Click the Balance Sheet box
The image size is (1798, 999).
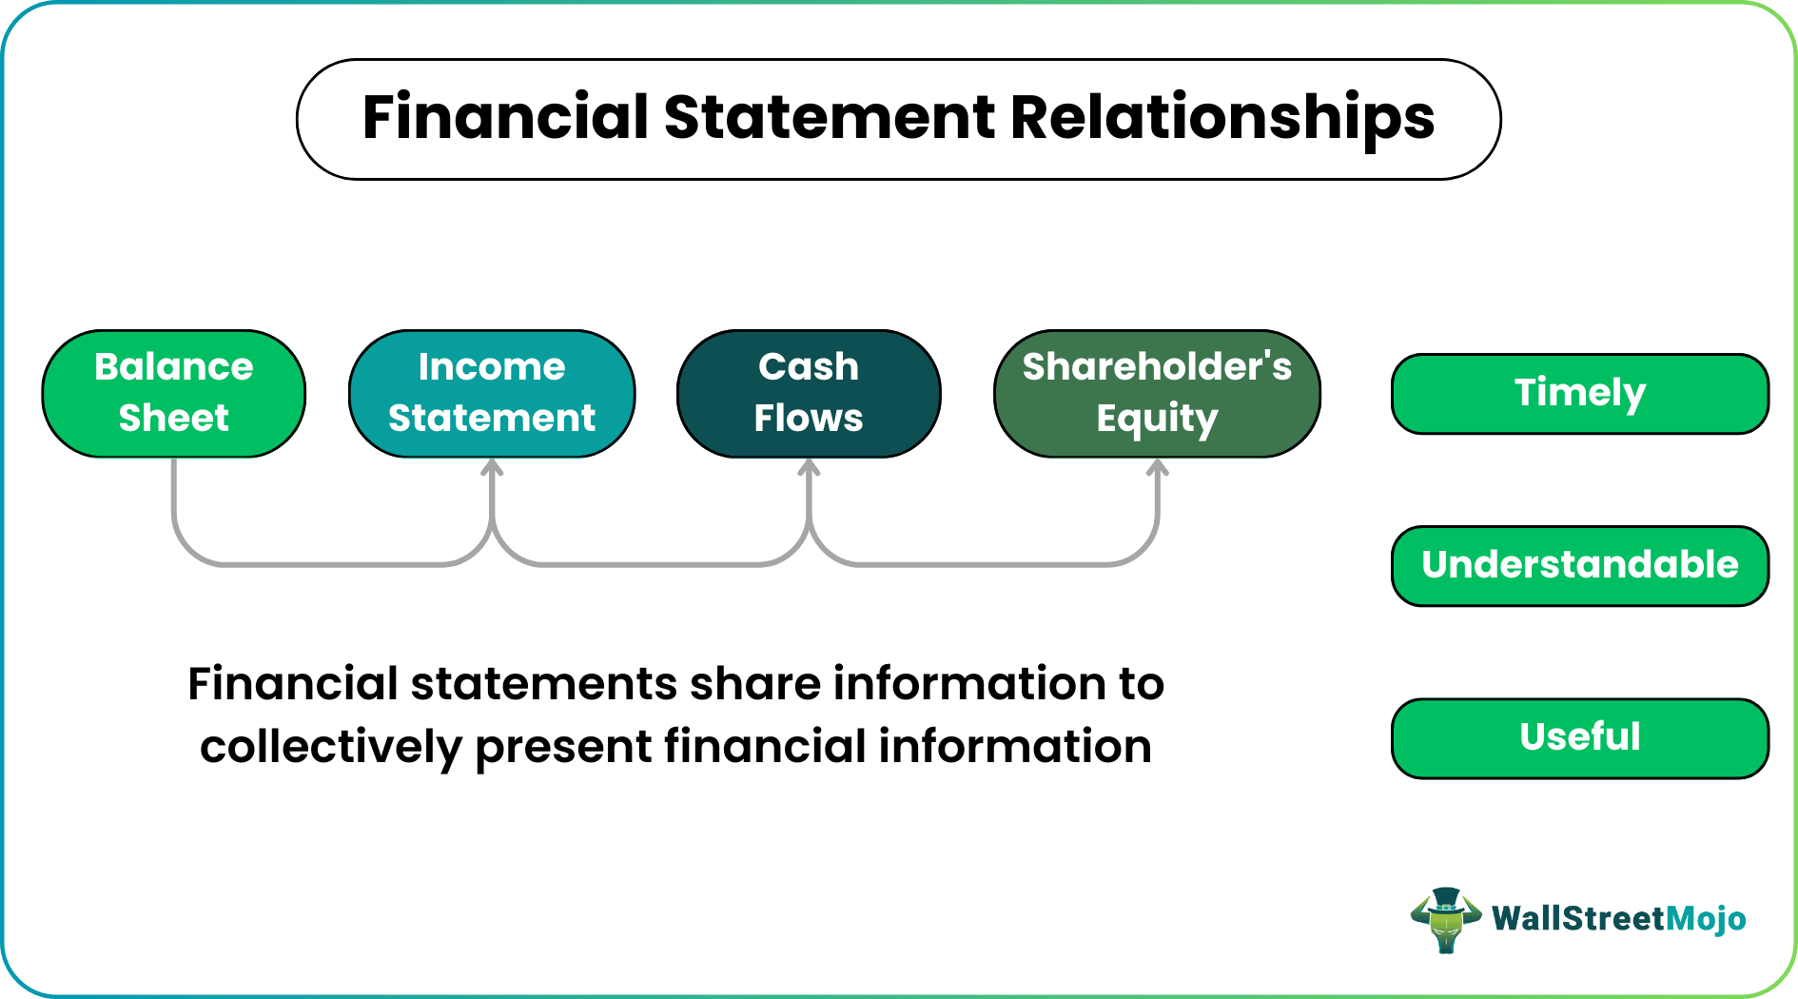(x=174, y=393)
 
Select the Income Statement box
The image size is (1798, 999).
(x=492, y=393)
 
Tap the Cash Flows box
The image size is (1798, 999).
(x=809, y=393)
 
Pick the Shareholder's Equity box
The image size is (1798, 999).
(x=1157, y=393)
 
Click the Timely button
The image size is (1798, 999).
(x=1580, y=393)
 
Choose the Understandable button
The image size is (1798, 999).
(x=1580, y=565)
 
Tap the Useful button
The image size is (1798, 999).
(x=1580, y=737)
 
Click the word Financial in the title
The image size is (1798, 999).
(x=505, y=117)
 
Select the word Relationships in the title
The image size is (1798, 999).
(x=1221, y=119)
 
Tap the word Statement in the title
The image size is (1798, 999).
(x=830, y=117)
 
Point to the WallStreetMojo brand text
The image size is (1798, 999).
(x=1618, y=918)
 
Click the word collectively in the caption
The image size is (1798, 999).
(x=330, y=747)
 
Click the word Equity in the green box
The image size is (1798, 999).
(x=1157, y=419)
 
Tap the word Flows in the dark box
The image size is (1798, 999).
(x=809, y=419)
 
